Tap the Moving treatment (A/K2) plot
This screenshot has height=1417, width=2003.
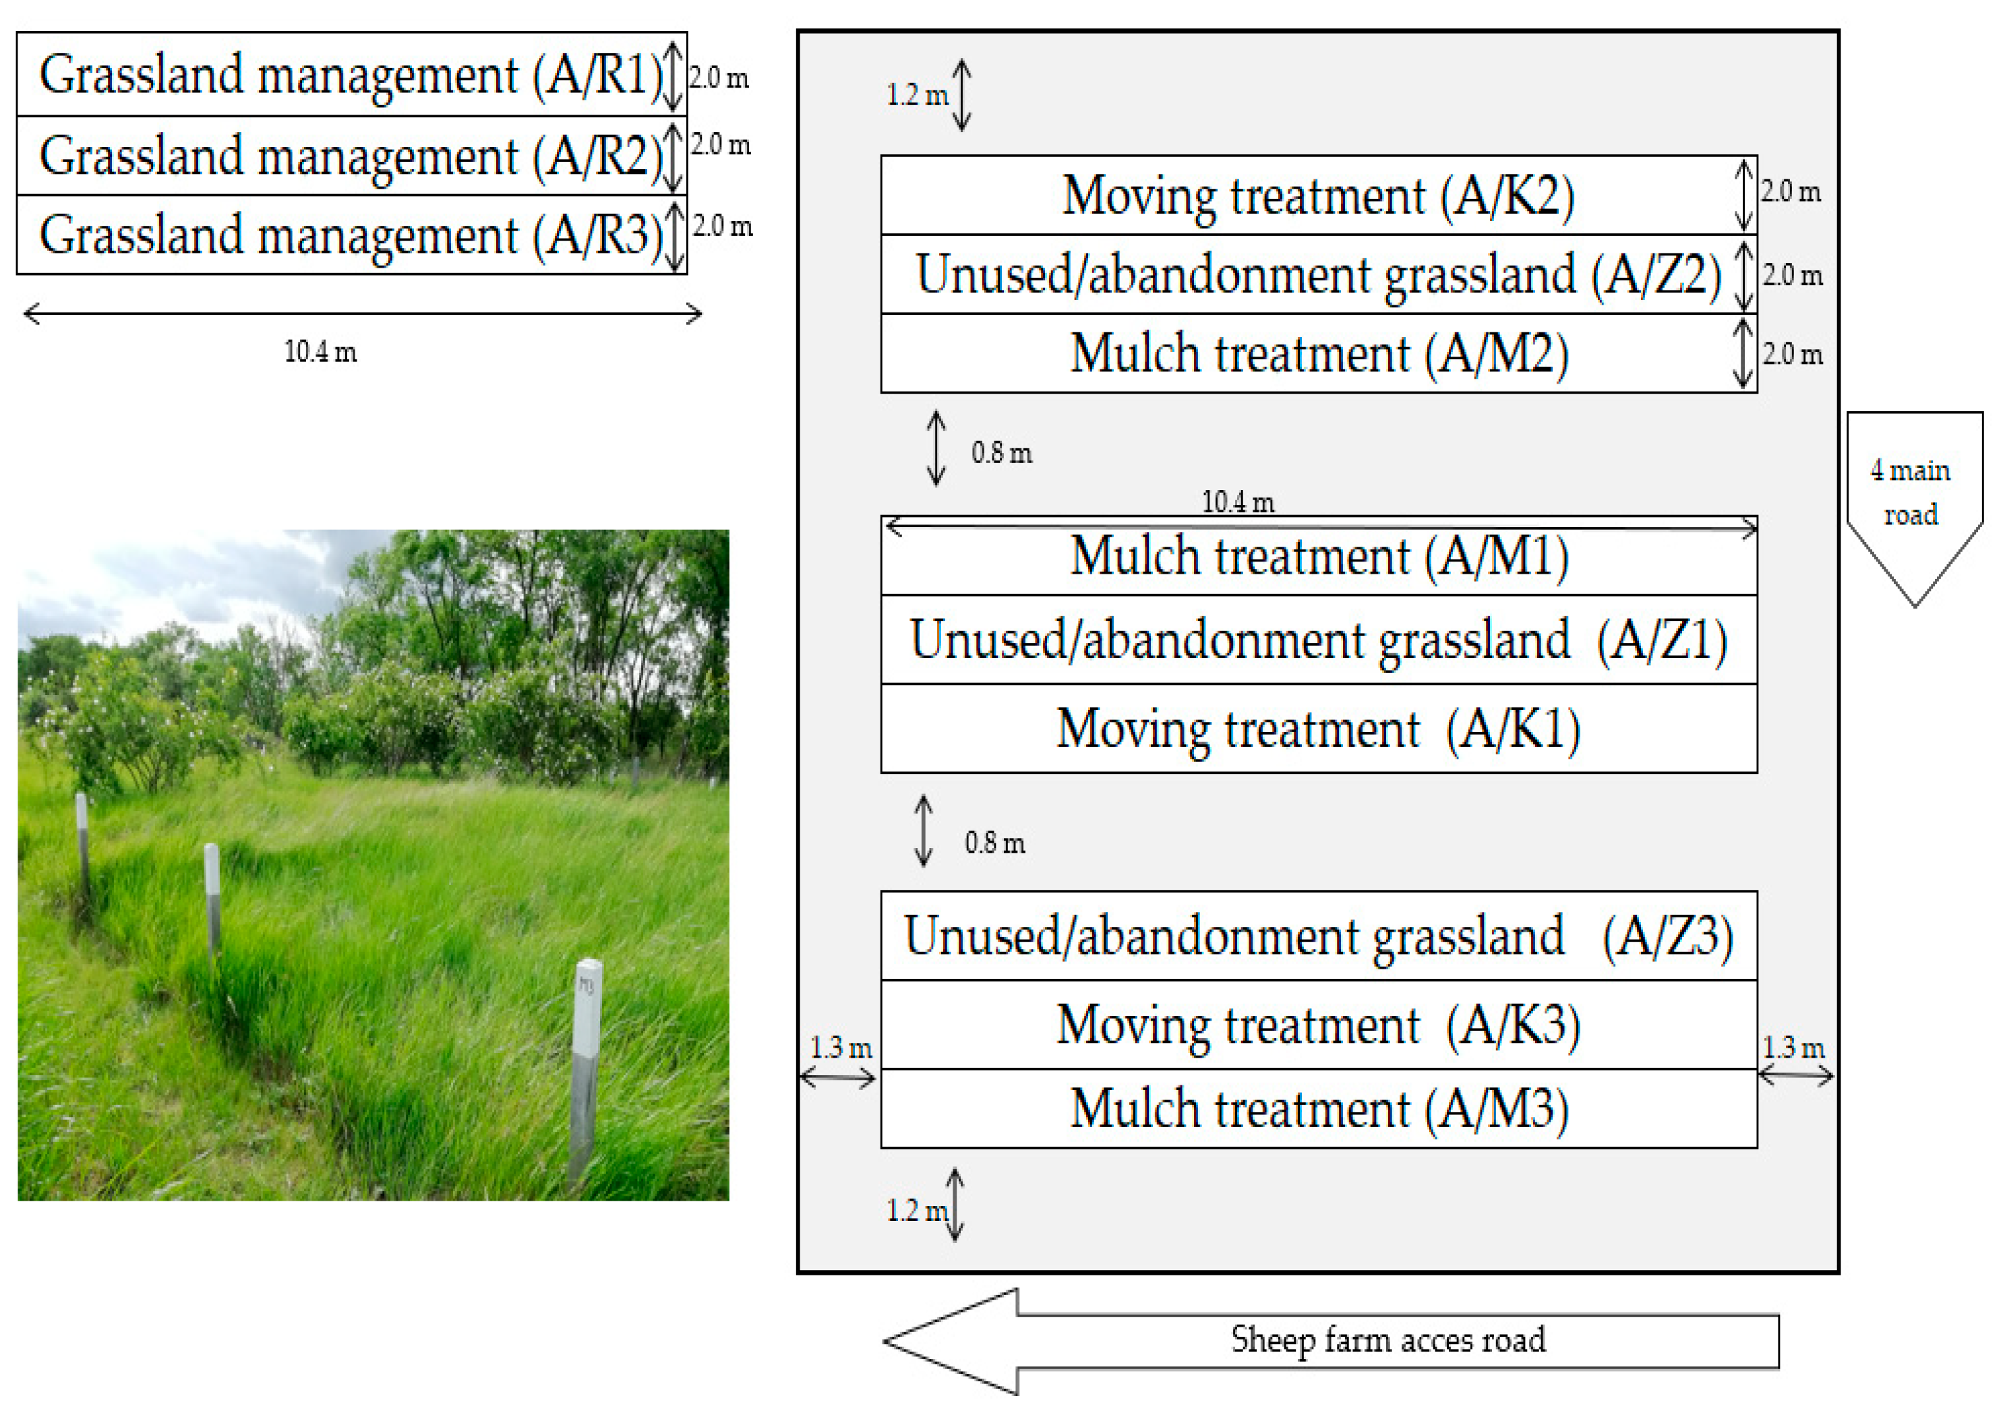(x=1317, y=195)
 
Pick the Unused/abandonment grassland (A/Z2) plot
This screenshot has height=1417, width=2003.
(x=1317, y=274)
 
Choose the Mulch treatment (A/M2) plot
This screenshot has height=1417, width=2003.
(x=1317, y=353)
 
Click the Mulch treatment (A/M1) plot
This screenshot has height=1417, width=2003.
(x=1317, y=557)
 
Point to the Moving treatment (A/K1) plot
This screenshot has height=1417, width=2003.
(x=1317, y=729)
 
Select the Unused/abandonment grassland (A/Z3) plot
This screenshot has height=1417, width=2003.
(x=1317, y=936)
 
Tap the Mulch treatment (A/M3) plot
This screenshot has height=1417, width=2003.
(x=1317, y=1109)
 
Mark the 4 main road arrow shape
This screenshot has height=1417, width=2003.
(x=1914, y=498)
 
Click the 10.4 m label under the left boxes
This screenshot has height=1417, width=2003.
(x=320, y=353)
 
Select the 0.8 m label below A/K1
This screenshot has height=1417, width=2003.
(x=994, y=843)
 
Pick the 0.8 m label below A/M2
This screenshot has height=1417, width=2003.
(x=1002, y=453)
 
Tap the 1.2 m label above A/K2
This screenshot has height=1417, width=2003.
(x=916, y=95)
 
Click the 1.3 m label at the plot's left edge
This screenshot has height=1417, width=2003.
(x=840, y=1048)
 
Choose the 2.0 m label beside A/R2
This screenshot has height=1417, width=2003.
(x=720, y=145)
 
